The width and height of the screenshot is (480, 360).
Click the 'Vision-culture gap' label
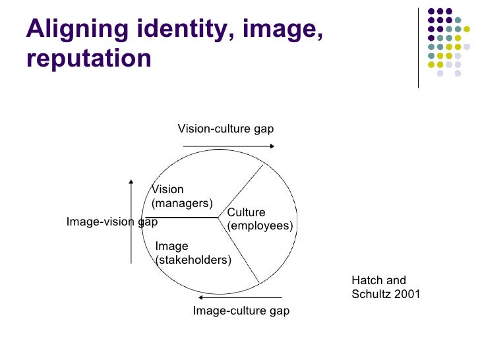click(225, 129)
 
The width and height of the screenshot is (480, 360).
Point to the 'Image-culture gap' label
click(241, 311)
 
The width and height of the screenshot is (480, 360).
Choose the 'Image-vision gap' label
click(112, 222)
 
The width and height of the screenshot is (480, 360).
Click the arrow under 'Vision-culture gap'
click(224, 144)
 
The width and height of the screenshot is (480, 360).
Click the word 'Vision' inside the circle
click(168, 189)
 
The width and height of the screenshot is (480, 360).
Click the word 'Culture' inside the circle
click(246, 212)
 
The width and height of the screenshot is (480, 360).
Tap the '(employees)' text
click(260, 225)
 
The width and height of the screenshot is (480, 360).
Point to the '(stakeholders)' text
click(193, 260)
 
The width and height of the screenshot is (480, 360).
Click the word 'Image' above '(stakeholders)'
click(171, 247)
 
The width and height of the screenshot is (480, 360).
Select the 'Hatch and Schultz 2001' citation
click(386, 287)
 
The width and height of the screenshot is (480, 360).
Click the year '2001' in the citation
click(407, 294)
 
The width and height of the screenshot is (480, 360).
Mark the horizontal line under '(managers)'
click(185, 217)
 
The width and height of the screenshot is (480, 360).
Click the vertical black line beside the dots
click(419, 46)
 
